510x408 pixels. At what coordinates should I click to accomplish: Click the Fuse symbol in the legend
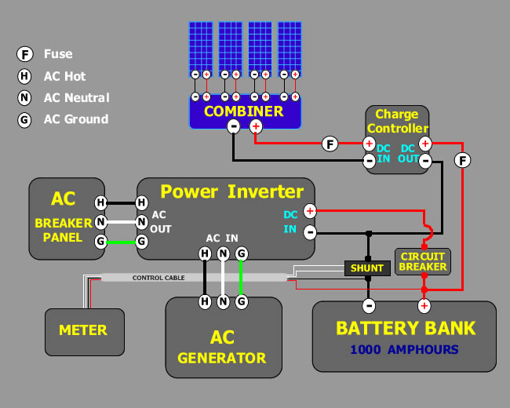[26, 54]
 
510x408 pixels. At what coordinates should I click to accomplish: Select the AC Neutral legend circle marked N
[26, 98]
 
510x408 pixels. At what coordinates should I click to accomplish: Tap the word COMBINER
[243, 111]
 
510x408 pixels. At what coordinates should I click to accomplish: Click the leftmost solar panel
[201, 45]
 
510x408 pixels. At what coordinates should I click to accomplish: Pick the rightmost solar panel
[290, 45]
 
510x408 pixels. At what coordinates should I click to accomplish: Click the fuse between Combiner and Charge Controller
[330, 144]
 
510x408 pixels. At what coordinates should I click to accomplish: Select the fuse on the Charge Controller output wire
[463, 160]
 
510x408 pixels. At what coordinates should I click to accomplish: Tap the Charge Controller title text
[397, 122]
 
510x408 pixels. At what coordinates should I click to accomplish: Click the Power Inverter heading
[231, 191]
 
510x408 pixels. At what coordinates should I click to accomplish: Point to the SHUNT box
[367, 268]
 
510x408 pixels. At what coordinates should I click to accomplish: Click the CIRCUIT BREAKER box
[422, 261]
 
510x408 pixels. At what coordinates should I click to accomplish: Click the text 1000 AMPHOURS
[404, 349]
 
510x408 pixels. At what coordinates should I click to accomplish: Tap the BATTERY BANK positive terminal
[424, 305]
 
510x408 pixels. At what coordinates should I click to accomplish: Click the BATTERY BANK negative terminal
[368, 305]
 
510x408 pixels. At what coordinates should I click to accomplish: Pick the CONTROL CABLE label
[158, 278]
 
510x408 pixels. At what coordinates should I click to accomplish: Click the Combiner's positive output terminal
[255, 126]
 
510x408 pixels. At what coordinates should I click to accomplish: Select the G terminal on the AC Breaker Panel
[101, 242]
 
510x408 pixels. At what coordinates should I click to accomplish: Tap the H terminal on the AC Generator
[205, 301]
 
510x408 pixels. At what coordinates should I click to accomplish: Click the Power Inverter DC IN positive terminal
[310, 211]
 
